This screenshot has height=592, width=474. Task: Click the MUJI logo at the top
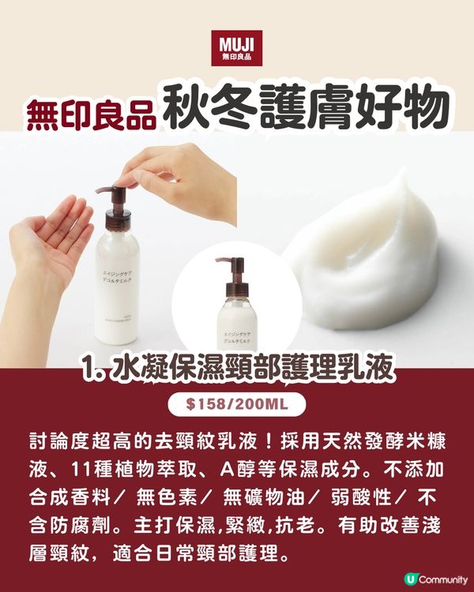pos(237,48)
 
